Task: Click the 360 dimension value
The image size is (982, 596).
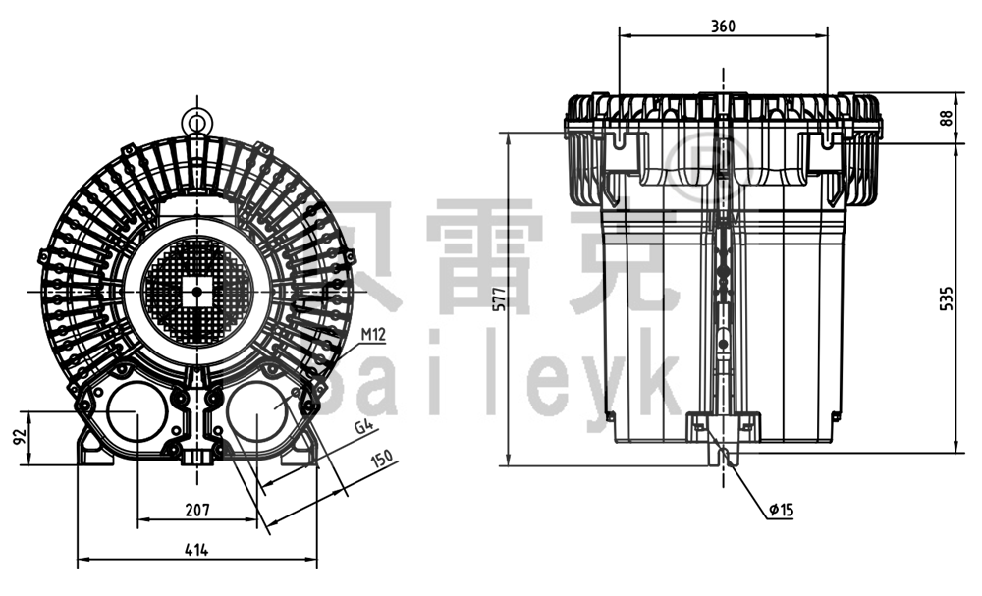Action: [723, 27]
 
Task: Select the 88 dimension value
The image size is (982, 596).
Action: [946, 117]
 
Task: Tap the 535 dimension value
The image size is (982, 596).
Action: [946, 298]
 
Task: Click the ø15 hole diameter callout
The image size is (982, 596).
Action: [782, 510]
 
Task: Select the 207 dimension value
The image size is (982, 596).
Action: [197, 511]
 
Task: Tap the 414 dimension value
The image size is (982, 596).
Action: [197, 551]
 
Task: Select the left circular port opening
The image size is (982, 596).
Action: [136, 412]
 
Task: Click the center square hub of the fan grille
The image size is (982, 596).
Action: [196, 291]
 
